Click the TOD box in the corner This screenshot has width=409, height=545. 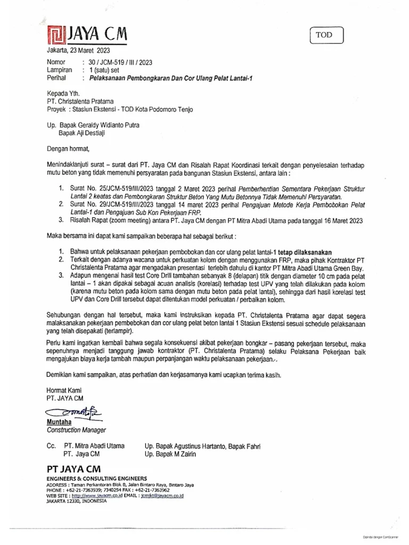(327, 35)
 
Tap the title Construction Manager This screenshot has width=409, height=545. (76, 430)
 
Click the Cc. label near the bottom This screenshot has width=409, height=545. (51, 447)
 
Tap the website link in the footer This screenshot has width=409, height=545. (100, 495)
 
